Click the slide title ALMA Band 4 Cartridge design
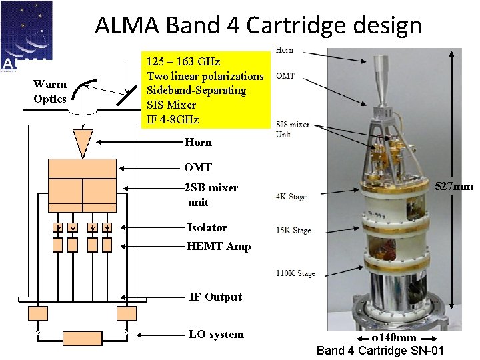pos(258,25)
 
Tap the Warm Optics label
pos(50,91)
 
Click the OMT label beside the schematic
pos(198,167)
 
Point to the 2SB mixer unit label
pos(211,195)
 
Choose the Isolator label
pos(207,228)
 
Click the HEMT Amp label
pos(219,247)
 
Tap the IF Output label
pos(215,297)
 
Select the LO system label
pos(216,335)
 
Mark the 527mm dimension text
pos(454,187)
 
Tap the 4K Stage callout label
pos(291,197)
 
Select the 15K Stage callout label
pos(293,231)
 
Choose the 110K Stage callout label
pos(295,273)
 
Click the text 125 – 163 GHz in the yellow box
pos(183,62)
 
